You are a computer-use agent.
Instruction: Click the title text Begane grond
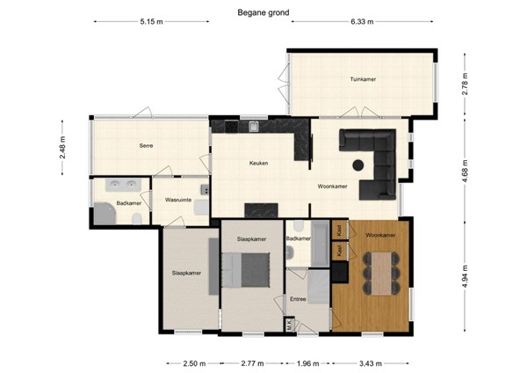pos(263,12)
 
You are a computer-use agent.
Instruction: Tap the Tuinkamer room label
pos(363,79)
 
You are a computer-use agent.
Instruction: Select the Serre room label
pos(148,145)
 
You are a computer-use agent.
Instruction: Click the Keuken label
pos(258,163)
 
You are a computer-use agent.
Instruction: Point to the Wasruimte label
pos(178,201)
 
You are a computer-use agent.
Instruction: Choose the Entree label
pos(298,299)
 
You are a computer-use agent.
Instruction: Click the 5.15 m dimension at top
pos(151,22)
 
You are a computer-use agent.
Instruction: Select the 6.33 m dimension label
pos(362,22)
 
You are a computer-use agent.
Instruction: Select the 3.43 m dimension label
pos(373,362)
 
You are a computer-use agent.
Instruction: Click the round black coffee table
pos(358,165)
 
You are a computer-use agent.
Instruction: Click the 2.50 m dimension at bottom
pos(194,362)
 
